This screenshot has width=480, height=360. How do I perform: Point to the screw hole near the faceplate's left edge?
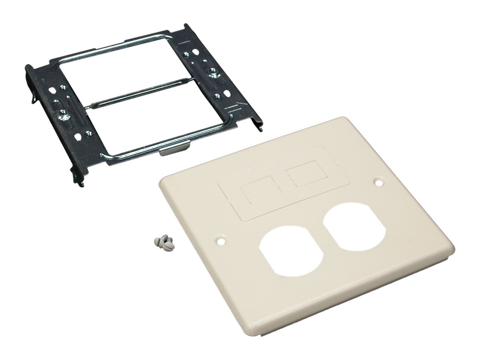click(219, 242)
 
